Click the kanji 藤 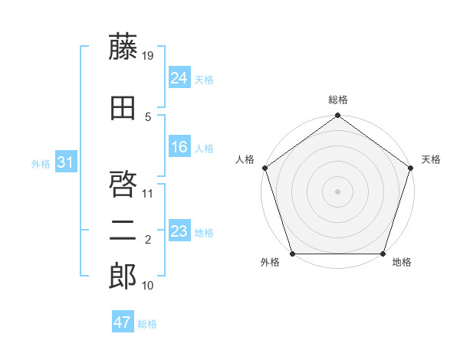coord(123,47)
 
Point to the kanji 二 coord(123,231)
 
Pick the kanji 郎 coord(123,277)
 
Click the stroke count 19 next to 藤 coord(149,56)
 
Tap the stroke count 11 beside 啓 coord(149,193)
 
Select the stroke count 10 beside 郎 coord(149,286)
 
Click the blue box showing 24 coord(179,78)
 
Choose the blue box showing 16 coord(179,147)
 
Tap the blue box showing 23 coord(179,231)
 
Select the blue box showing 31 coord(65,162)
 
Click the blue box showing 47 coord(122,322)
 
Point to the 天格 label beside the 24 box coord(204,79)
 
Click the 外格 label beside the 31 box coord(41,163)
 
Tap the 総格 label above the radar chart coord(338,100)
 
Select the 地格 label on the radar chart coord(402,263)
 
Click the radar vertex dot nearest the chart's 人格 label coord(265,168)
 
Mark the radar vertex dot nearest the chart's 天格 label coord(410,168)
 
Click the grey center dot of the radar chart coord(337,191)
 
